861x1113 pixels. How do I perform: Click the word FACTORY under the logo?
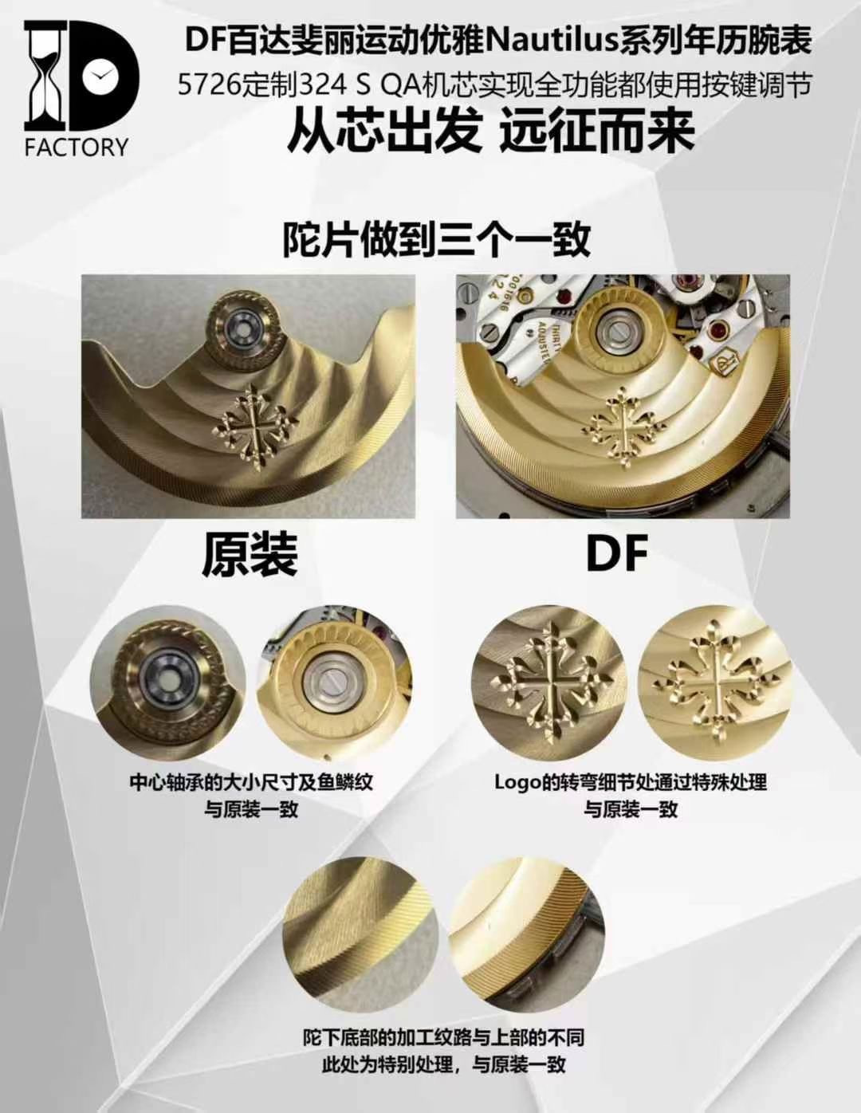[77, 147]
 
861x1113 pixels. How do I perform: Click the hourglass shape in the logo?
[45, 76]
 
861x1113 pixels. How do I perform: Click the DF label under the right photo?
[618, 553]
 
